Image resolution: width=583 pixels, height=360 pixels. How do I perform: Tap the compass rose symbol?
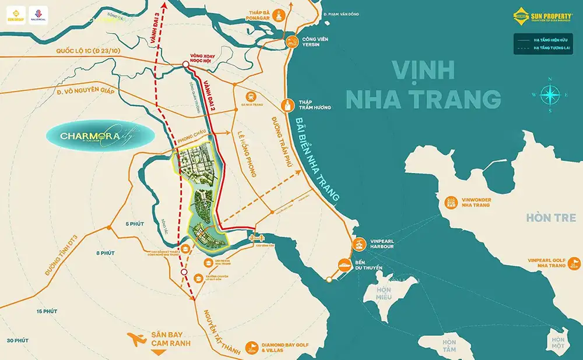pyautogui.click(x=549, y=94)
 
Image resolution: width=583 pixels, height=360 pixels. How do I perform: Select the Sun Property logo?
pyautogui.click(x=542, y=16)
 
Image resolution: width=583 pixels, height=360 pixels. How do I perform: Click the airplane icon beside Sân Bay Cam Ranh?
pyautogui.click(x=137, y=338)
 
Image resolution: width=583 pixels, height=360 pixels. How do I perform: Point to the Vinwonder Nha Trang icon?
pyautogui.click(x=451, y=203)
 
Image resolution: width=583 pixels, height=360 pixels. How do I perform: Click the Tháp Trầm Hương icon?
pyautogui.click(x=287, y=105)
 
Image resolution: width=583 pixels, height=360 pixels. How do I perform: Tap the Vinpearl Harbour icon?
pyautogui.click(x=359, y=243)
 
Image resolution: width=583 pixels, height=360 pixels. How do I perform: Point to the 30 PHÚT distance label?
pyautogui.click(x=17, y=340)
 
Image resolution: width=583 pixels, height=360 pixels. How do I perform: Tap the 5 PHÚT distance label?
pyautogui.click(x=134, y=224)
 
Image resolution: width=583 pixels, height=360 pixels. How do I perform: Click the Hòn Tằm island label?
pyautogui.click(x=449, y=345)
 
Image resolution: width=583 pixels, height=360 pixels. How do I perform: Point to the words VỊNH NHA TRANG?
pyautogui.click(x=423, y=84)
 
